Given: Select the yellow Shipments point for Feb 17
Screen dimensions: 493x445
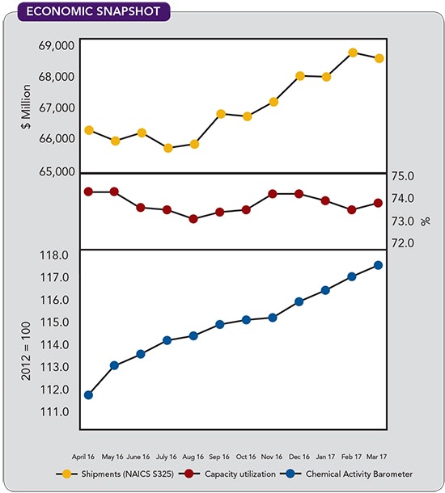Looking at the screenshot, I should [x=353, y=53].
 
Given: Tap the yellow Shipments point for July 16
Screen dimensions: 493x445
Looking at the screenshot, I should [x=168, y=148].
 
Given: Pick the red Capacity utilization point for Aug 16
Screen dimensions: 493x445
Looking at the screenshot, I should [x=193, y=219].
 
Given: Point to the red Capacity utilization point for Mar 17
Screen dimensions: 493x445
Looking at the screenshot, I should [x=378, y=203].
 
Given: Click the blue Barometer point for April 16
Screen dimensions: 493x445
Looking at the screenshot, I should [x=88, y=395].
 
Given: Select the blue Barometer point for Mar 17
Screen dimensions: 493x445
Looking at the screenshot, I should [x=378, y=265].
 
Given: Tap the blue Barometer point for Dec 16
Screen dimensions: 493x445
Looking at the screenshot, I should [x=299, y=301].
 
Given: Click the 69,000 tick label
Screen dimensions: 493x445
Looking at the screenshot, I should [x=55, y=45].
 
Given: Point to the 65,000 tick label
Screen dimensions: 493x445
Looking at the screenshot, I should [x=55, y=171].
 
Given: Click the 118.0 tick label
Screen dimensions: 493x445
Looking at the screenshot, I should [x=55, y=255].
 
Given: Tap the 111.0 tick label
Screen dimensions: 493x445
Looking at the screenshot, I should [x=55, y=412].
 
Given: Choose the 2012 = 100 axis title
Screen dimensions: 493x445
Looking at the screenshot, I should [x=24, y=333].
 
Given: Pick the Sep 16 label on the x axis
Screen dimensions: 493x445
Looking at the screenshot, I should [x=220, y=456].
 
